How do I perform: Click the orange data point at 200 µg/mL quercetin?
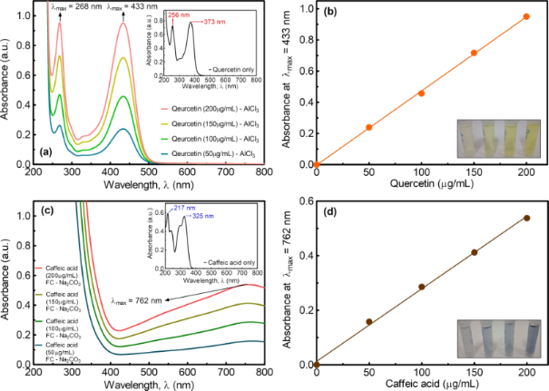click(526, 16)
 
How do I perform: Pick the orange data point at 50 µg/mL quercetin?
click(368, 127)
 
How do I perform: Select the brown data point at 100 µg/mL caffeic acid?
click(421, 287)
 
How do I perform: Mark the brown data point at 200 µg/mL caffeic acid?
click(526, 218)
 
